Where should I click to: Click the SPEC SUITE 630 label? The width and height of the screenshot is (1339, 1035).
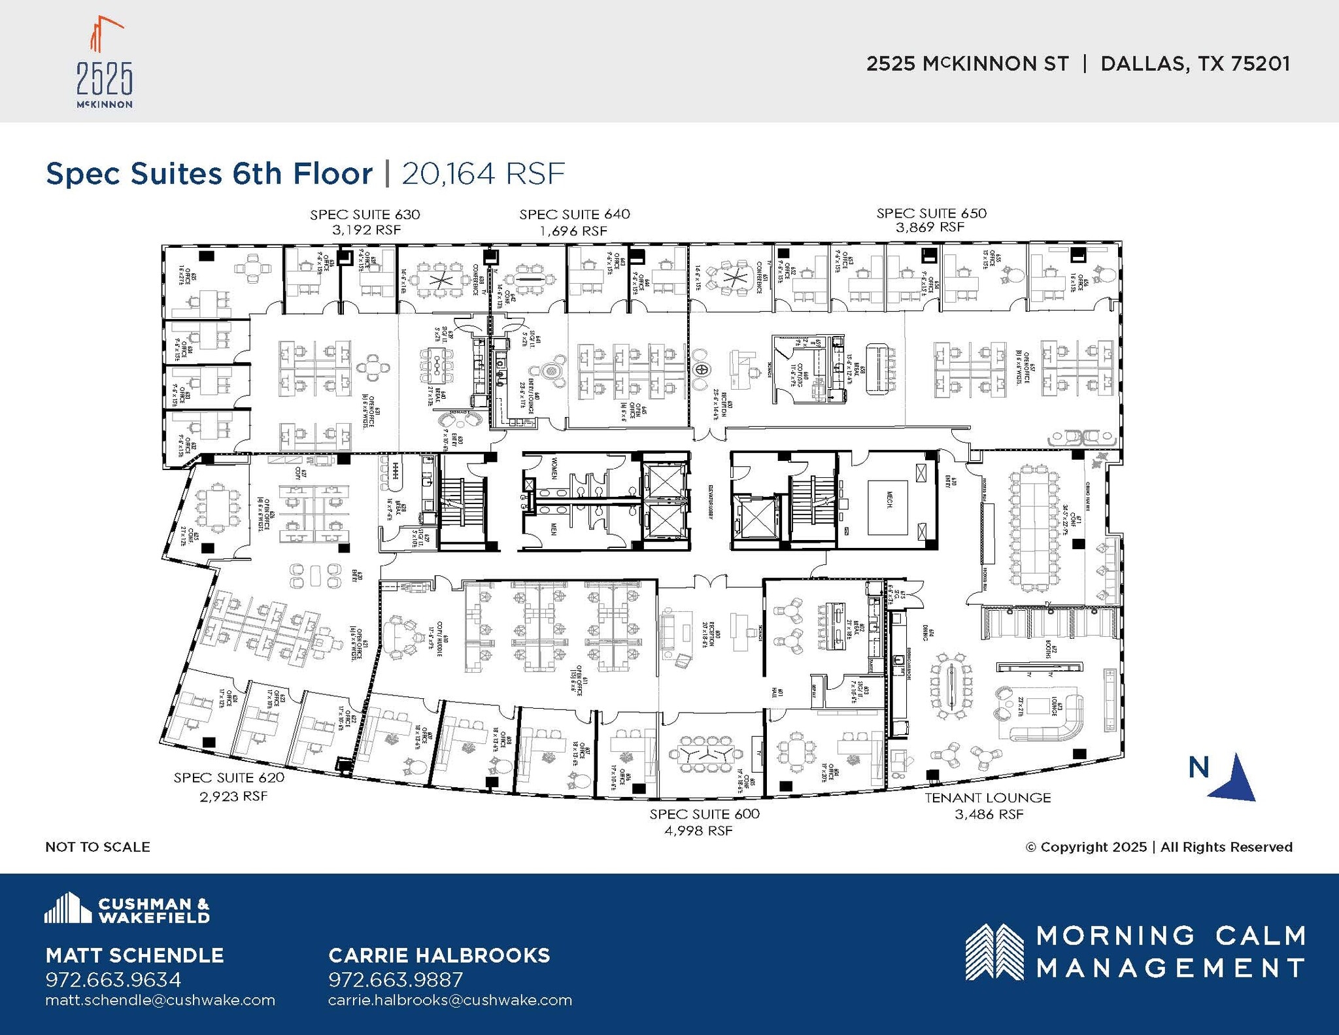[365, 214]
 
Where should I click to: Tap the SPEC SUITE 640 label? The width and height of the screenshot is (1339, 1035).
[575, 214]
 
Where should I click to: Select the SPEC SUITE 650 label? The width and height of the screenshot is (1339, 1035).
[931, 213]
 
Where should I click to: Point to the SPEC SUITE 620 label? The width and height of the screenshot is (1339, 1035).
[229, 777]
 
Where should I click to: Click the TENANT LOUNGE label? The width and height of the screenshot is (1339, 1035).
[987, 798]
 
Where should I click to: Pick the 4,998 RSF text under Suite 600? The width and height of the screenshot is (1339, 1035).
[698, 831]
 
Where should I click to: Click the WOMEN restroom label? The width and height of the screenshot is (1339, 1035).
[553, 468]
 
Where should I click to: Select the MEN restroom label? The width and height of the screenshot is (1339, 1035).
[553, 529]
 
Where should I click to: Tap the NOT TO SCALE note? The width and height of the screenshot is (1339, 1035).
[97, 847]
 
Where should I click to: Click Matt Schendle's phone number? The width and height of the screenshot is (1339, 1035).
[113, 979]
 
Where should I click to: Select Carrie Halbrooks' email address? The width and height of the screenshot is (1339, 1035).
[450, 1000]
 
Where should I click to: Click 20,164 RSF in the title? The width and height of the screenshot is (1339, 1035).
[483, 173]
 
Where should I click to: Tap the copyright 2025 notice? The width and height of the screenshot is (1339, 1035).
[1159, 847]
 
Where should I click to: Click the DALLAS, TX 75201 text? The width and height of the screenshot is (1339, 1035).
[1195, 63]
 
